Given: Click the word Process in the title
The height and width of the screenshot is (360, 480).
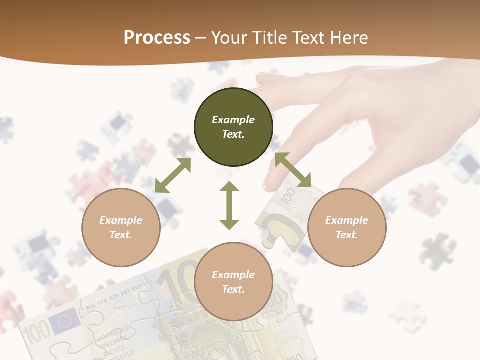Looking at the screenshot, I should [x=157, y=38].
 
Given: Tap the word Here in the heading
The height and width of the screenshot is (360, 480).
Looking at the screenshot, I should [x=350, y=38].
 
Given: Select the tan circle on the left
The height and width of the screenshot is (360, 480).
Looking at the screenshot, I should [x=121, y=228].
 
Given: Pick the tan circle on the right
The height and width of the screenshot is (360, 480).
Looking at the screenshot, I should [x=347, y=228].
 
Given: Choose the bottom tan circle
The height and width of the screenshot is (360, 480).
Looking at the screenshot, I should [x=233, y=282].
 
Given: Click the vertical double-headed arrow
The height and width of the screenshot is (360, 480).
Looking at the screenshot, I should [x=229, y=205].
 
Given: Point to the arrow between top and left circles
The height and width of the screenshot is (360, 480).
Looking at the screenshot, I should [x=173, y=175].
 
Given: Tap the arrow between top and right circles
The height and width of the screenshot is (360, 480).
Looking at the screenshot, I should [x=293, y=170].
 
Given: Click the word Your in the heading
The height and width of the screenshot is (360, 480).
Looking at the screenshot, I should [x=229, y=38].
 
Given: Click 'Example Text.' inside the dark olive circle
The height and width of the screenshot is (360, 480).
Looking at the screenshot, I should [x=233, y=127].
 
